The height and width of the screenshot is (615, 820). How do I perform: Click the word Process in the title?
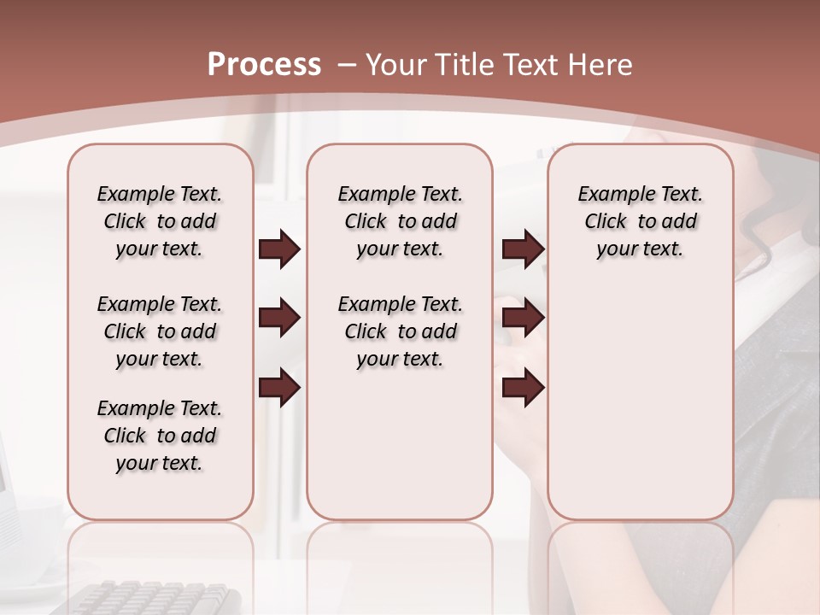point(264,65)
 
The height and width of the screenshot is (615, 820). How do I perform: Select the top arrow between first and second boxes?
point(279,249)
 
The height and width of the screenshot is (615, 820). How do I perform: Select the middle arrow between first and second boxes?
point(279,319)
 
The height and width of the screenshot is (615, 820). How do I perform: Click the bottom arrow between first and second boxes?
point(279,389)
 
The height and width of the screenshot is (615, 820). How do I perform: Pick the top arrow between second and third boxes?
point(523,249)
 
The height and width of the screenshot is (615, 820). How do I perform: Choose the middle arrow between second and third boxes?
point(523,319)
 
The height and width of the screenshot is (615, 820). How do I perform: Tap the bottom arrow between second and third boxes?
point(523,389)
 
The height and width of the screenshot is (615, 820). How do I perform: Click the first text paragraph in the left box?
point(160,221)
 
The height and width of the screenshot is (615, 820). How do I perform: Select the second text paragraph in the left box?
point(160,331)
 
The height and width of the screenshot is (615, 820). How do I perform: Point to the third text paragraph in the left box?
point(160,436)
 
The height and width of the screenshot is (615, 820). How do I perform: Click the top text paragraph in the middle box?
point(400,221)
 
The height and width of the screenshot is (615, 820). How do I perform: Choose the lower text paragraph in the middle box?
point(400,331)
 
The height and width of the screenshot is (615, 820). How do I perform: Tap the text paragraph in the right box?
point(640,221)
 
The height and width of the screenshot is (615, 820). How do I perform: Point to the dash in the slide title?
point(347,65)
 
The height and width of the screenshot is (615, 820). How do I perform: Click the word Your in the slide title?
point(397,65)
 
